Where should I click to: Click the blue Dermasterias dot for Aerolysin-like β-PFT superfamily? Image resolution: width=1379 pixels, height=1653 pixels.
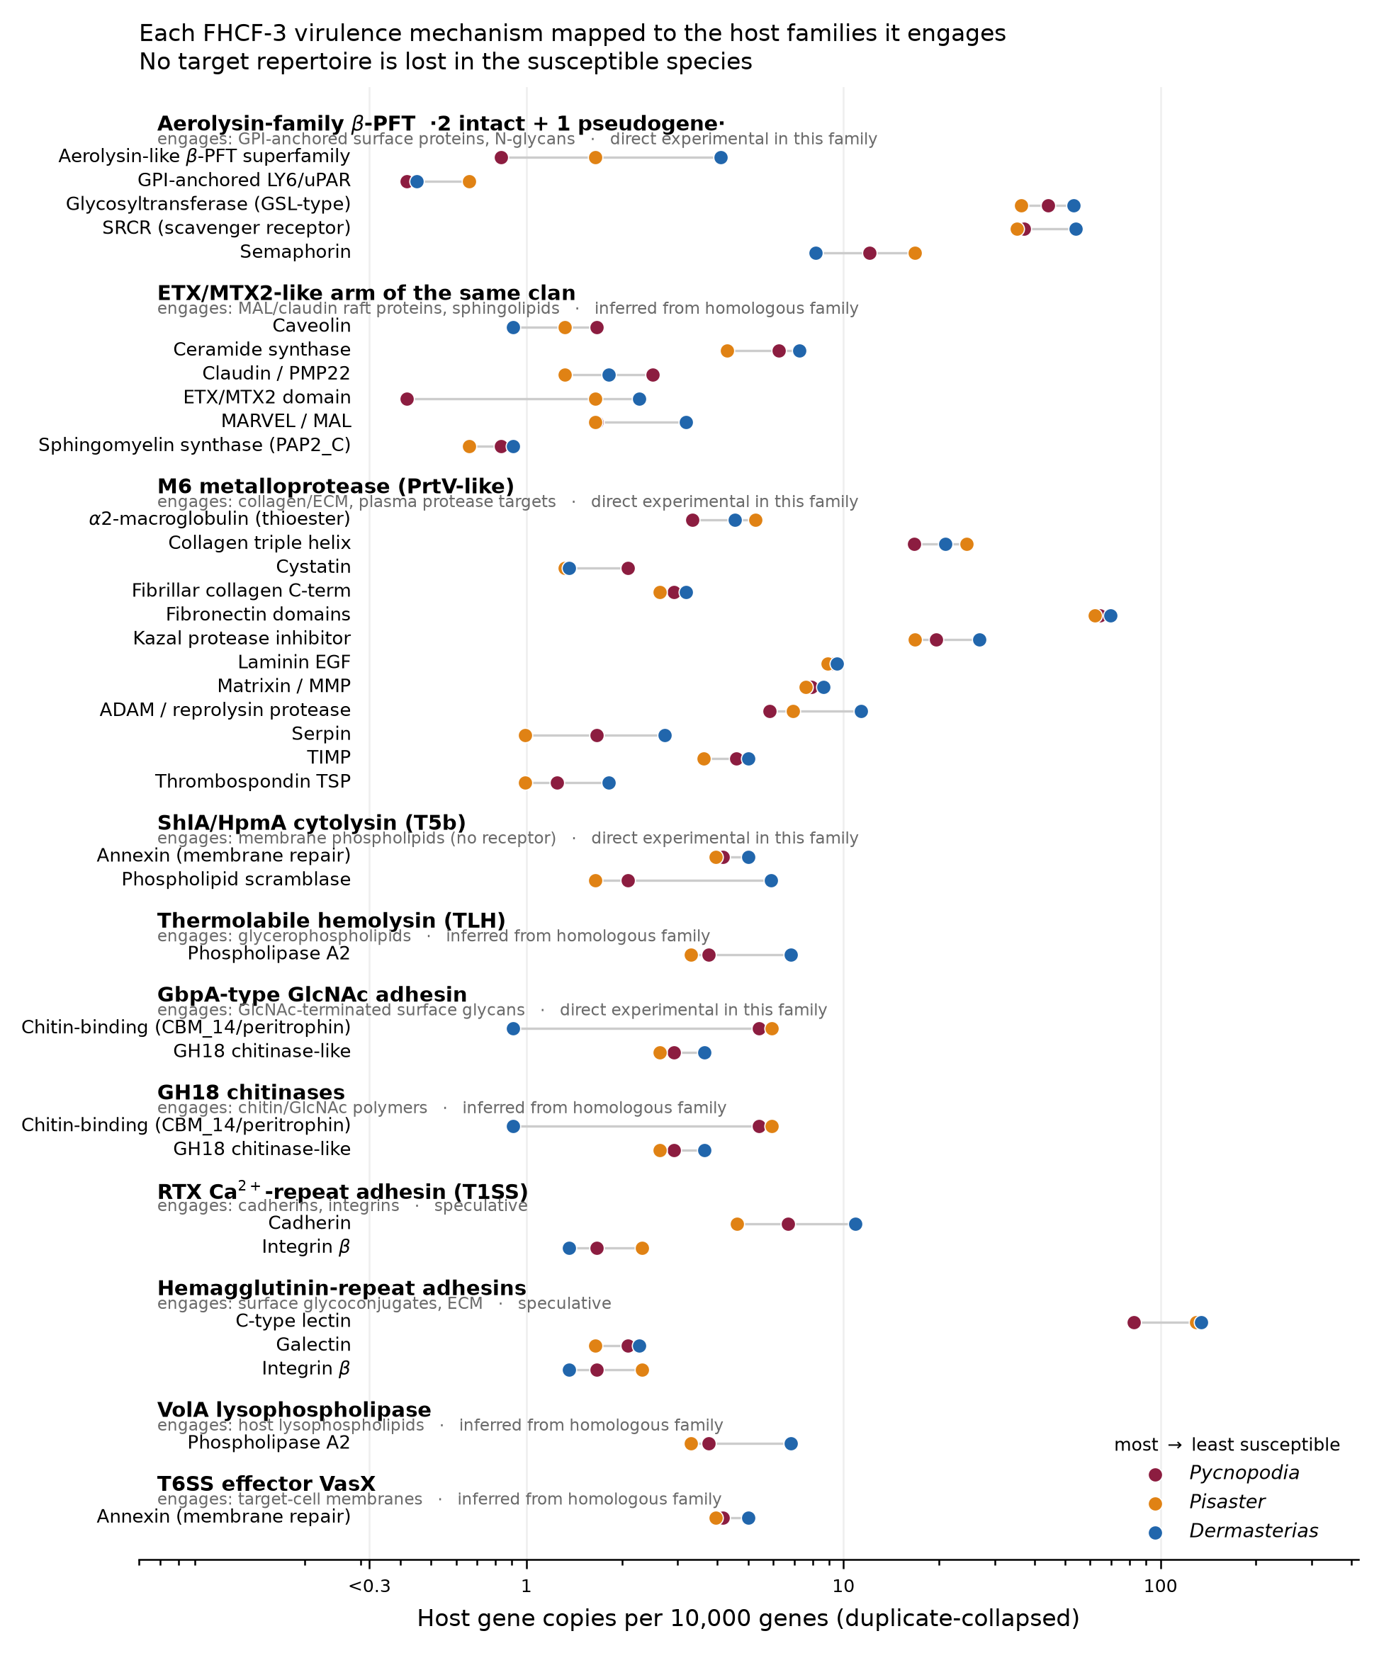click(721, 158)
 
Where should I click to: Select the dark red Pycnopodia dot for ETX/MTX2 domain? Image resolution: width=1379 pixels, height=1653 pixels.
click(407, 399)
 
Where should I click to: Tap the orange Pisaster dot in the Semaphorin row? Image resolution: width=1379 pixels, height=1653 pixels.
click(915, 254)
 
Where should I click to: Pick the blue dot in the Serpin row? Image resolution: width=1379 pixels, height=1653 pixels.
click(665, 736)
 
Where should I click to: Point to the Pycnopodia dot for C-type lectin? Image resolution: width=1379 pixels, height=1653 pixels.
click(1134, 1322)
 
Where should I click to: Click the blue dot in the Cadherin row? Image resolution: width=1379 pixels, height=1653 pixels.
click(855, 1225)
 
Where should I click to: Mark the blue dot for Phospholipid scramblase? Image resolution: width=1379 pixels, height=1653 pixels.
click(771, 881)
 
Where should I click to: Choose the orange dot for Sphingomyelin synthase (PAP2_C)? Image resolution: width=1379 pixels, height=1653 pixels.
click(469, 447)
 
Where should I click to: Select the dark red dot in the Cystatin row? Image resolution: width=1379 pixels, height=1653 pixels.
click(628, 568)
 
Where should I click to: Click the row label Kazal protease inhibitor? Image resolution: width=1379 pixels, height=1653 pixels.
click(242, 638)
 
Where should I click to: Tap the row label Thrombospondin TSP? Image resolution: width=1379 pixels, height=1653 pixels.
click(253, 782)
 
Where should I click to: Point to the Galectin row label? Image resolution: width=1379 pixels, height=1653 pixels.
click(313, 1345)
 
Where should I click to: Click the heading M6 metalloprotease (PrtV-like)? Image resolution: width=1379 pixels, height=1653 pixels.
click(335, 487)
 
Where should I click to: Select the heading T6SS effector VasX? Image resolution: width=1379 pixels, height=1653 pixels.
click(266, 1484)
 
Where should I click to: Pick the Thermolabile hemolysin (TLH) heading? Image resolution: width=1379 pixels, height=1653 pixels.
click(332, 921)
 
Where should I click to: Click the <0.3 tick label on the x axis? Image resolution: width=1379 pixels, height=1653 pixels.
click(369, 1585)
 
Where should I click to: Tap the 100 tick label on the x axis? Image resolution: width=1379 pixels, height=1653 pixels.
click(1160, 1585)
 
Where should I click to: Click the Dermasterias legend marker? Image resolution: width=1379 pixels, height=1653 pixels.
click(1155, 1533)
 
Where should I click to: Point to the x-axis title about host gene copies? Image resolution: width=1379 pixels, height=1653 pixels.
click(748, 1618)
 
